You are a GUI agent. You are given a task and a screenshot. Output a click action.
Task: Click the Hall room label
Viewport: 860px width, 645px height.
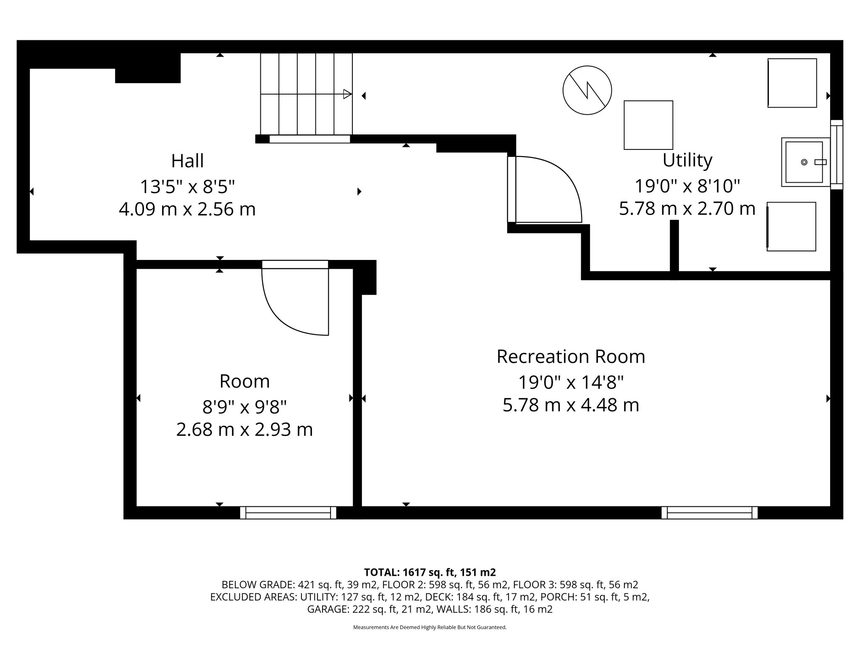click(187, 161)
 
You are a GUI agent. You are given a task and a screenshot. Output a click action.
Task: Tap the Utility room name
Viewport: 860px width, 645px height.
click(687, 161)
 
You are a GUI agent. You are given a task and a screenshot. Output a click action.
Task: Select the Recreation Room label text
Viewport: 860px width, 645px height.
click(571, 357)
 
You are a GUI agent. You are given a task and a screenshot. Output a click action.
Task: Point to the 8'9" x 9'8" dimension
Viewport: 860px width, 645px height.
click(244, 406)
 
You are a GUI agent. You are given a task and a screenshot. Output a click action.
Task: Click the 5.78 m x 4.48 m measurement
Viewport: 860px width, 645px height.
click(571, 405)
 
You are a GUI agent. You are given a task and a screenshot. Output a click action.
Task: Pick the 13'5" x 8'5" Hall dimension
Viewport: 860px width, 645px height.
click(187, 186)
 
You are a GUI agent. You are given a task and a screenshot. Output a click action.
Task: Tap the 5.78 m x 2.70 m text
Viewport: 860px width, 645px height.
click(687, 209)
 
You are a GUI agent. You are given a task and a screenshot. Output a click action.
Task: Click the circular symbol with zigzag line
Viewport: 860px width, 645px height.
click(587, 90)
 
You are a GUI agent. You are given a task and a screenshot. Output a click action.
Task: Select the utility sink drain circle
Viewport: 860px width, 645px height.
click(804, 162)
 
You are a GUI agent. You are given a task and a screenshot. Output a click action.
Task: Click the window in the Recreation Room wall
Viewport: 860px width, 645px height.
click(710, 513)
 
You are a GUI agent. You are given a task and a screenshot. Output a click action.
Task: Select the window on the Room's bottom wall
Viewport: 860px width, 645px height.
click(288, 513)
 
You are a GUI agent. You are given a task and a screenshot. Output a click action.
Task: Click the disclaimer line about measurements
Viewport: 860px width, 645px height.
click(430, 627)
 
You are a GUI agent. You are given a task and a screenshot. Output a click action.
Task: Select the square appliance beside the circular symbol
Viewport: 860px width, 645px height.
click(648, 125)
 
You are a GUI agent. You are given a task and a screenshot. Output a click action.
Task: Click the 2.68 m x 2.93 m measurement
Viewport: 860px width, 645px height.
click(244, 430)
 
